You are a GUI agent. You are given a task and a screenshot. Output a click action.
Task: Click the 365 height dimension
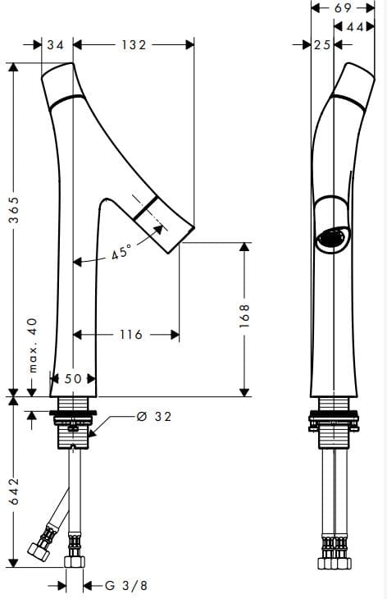(x=14, y=210)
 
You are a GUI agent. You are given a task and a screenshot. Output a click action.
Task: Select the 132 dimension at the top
(x=134, y=45)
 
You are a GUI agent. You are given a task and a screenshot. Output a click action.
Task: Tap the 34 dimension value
(x=56, y=45)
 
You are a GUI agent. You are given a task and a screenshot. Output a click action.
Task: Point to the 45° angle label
(x=121, y=252)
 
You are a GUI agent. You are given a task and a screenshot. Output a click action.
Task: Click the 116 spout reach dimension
(x=131, y=335)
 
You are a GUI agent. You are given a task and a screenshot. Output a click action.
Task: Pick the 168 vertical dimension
(x=244, y=316)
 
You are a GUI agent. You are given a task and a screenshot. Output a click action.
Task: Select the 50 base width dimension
(x=73, y=378)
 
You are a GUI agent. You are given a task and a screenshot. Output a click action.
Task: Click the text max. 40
(x=34, y=345)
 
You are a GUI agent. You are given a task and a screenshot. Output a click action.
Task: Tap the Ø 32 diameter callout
(x=154, y=416)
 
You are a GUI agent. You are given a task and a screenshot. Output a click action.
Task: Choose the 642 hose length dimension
(x=14, y=491)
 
